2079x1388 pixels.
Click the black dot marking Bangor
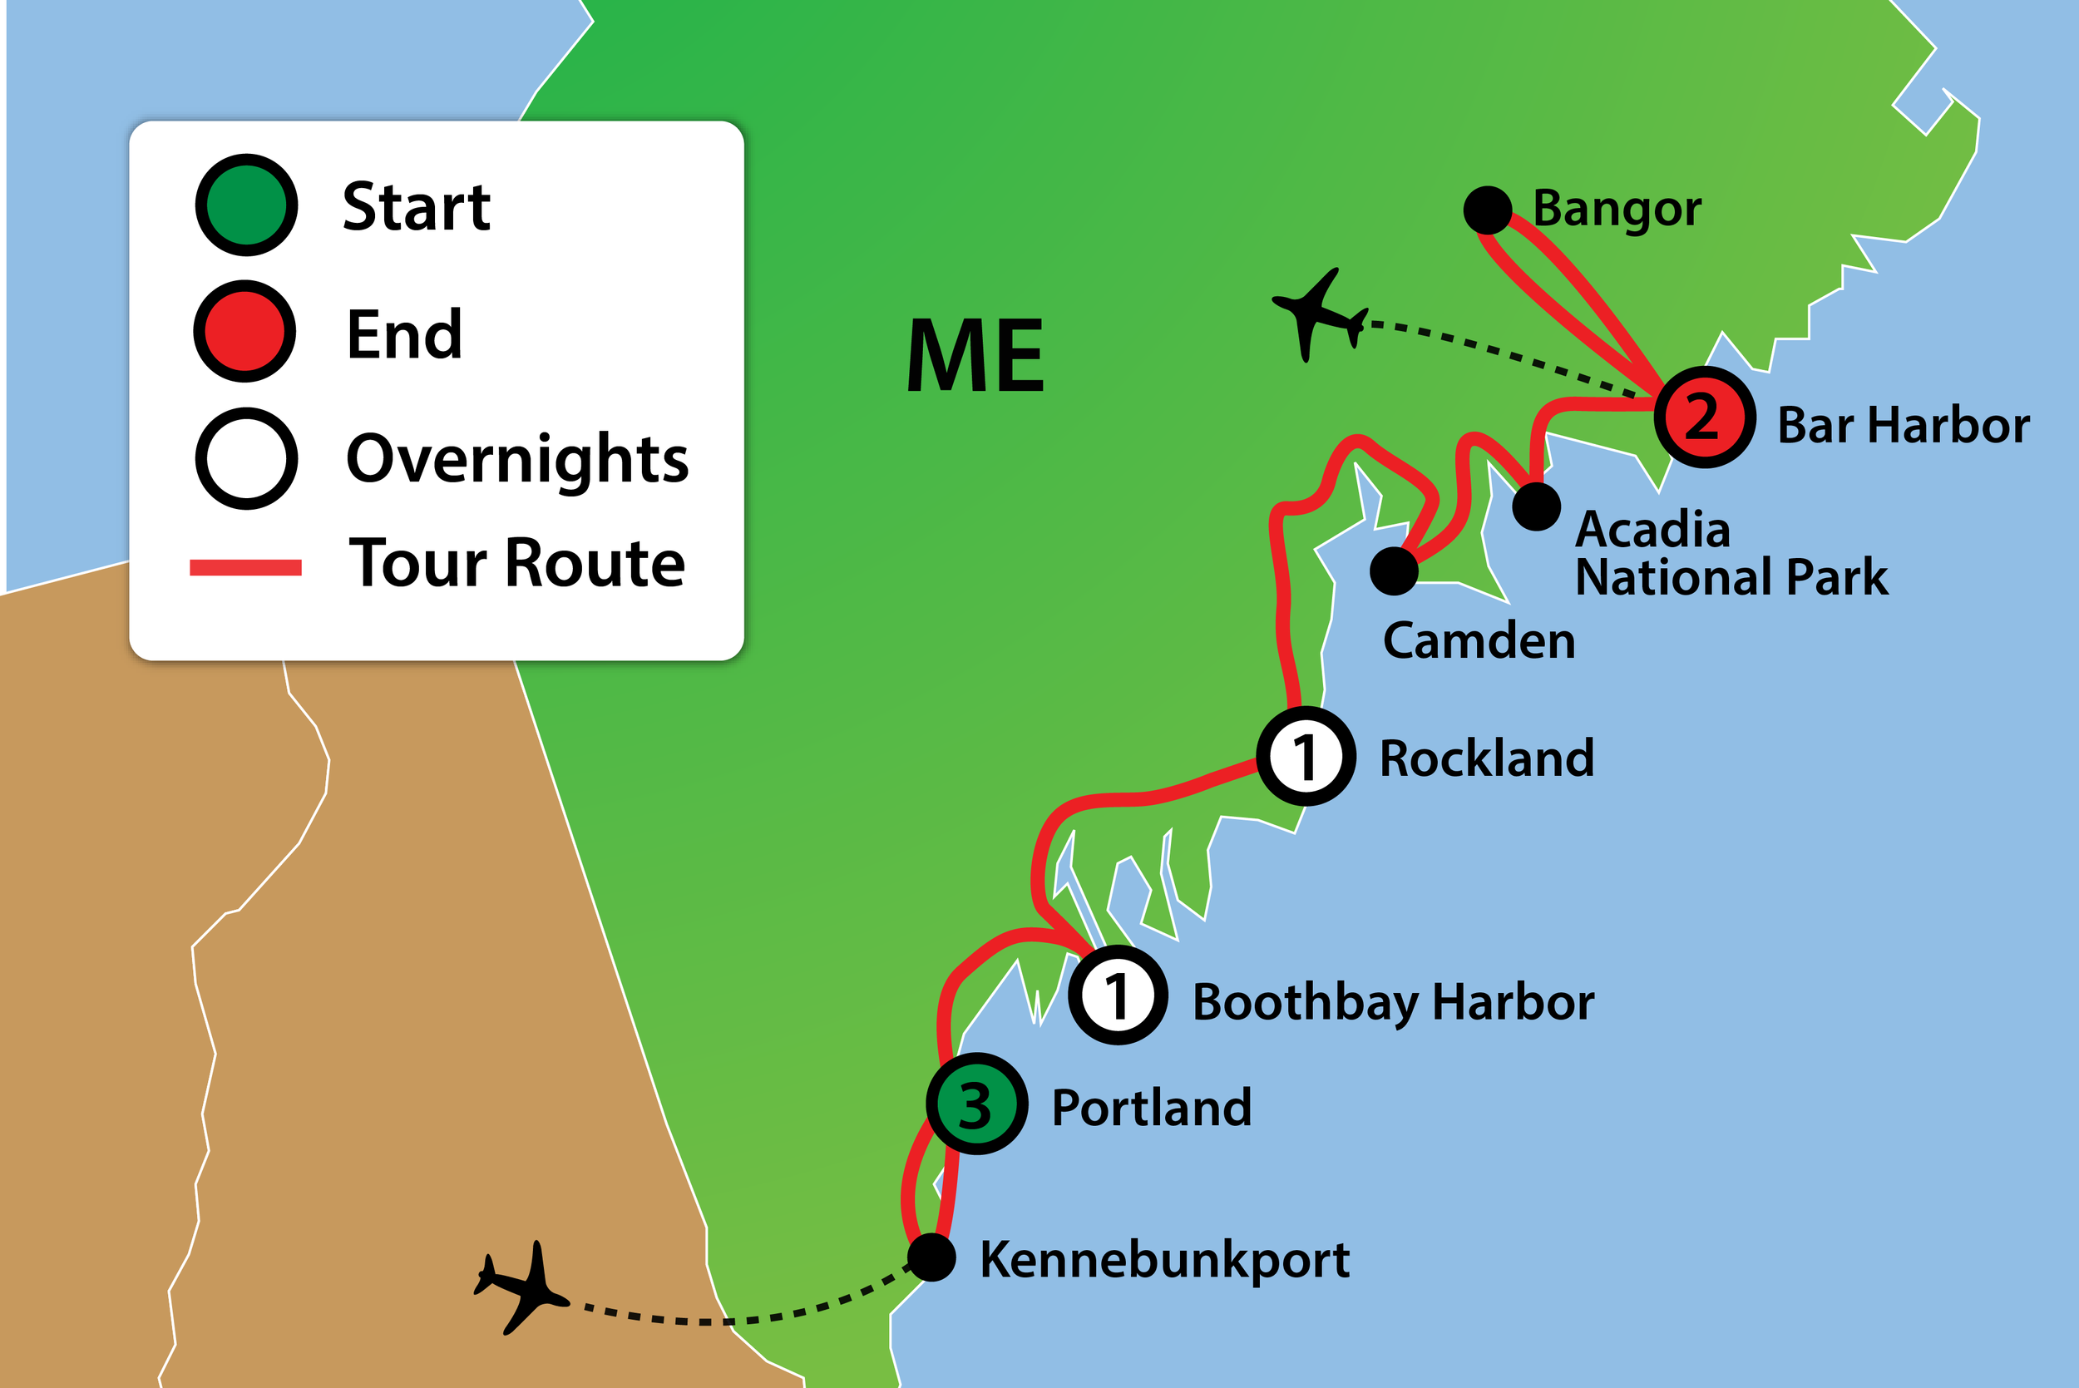coord(1487,210)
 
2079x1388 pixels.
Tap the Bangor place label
coord(1616,210)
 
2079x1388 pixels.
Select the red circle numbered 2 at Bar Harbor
coord(1705,417)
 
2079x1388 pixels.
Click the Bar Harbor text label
coord(1903,425)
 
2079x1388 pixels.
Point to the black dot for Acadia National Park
coord(1537,506)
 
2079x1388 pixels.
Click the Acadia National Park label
coord(1731,553)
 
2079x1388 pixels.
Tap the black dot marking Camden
coord(1394,571)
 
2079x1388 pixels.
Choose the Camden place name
coord(1479,640)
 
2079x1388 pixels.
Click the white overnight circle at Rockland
coord(1306,756)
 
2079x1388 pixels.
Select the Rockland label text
coord(1487,758)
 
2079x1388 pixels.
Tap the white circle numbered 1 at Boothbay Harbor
coord(1118,995)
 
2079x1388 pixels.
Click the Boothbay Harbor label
coord(1393,1002)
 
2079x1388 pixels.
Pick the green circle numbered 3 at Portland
coord(977,1104)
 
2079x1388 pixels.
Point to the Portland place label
coord(1152,1108)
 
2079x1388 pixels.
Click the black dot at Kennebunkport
coord(932,1257)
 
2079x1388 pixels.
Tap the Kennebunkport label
coord(1165,1261)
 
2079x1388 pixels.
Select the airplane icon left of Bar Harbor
coord(1319,314)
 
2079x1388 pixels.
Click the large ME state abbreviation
coord(975,355)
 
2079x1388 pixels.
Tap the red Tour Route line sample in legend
coord(245,567)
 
